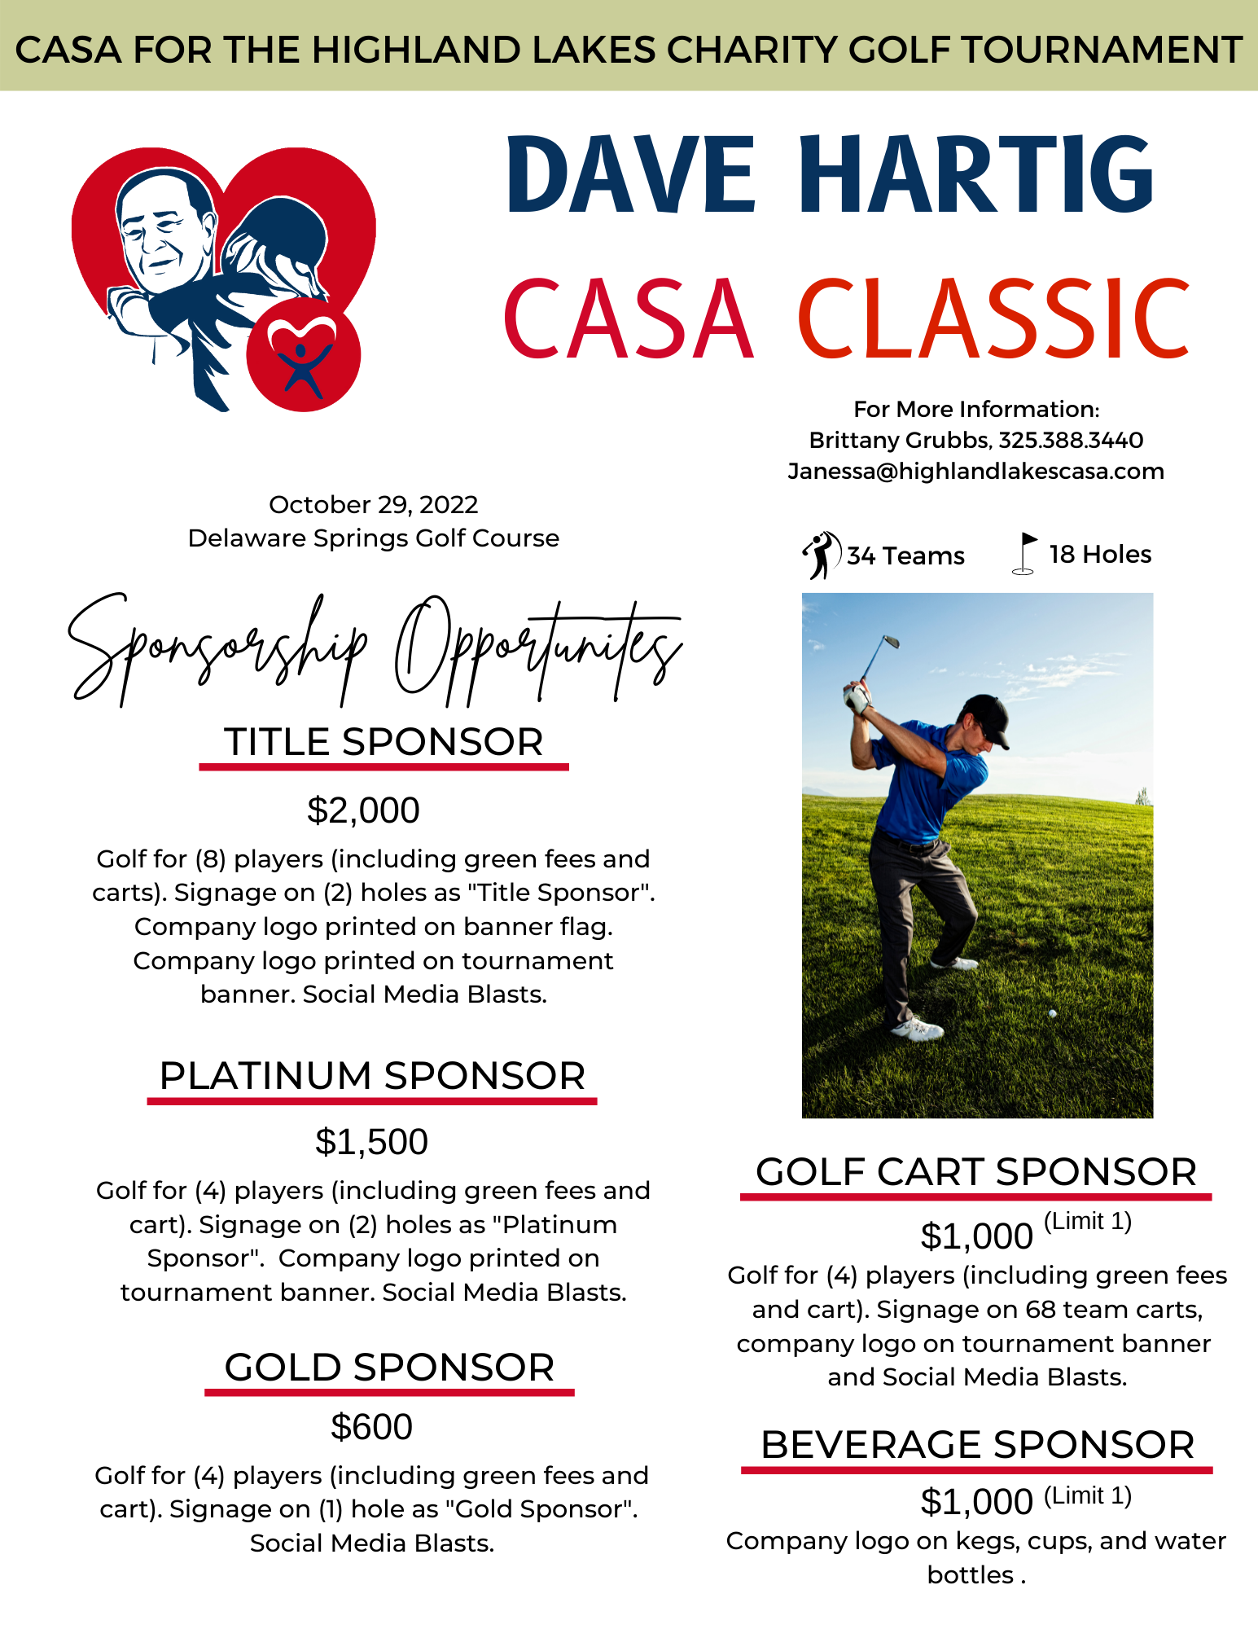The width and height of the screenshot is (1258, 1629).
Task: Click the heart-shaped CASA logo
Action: pyautogui.click(x=223, y=277)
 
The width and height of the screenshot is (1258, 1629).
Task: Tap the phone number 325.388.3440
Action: pyautogui.click(x=1071, y=441)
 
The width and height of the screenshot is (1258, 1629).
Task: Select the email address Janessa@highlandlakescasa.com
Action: pyautogui.click(x=975, y=472)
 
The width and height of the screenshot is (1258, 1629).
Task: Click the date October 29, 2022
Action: pyautogui.click(x=373, y=505)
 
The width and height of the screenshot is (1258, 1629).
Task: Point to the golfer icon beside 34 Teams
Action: pyautogui.click(x=821, y=555)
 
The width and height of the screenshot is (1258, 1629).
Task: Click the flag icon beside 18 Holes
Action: pyautogui.click(x=1025, y=553)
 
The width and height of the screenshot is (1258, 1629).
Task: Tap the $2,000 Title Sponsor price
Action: pyautogui.click(x=363, y=810)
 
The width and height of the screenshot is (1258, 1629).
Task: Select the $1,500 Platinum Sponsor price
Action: pyautogui.click(x=371, y=1142)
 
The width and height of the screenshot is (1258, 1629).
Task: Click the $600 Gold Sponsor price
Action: pyautogui.click(x=371, y=1427)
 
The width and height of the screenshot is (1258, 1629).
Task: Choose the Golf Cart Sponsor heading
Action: pyautogui.click(x=975, y=1172)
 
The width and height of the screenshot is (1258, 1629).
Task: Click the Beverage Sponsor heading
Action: pyautogui.click(x=977, y=1445)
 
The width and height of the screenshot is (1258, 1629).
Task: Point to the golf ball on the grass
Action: pyautogui.click(x=1052, y=1013)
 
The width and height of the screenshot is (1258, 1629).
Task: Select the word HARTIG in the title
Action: pyautogui.click(x=975, y=175)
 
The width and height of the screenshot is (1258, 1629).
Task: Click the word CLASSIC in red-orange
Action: pyautogui.click(x=993, y=319)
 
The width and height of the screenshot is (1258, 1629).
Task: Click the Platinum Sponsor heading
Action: pyautogui.click(x=372, y=1076)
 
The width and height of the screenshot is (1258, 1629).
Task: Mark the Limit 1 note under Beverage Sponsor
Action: pyautogui.click(x=1088, y=1495)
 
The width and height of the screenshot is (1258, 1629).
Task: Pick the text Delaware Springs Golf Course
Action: pyautogui.click(x=373, y=538)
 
